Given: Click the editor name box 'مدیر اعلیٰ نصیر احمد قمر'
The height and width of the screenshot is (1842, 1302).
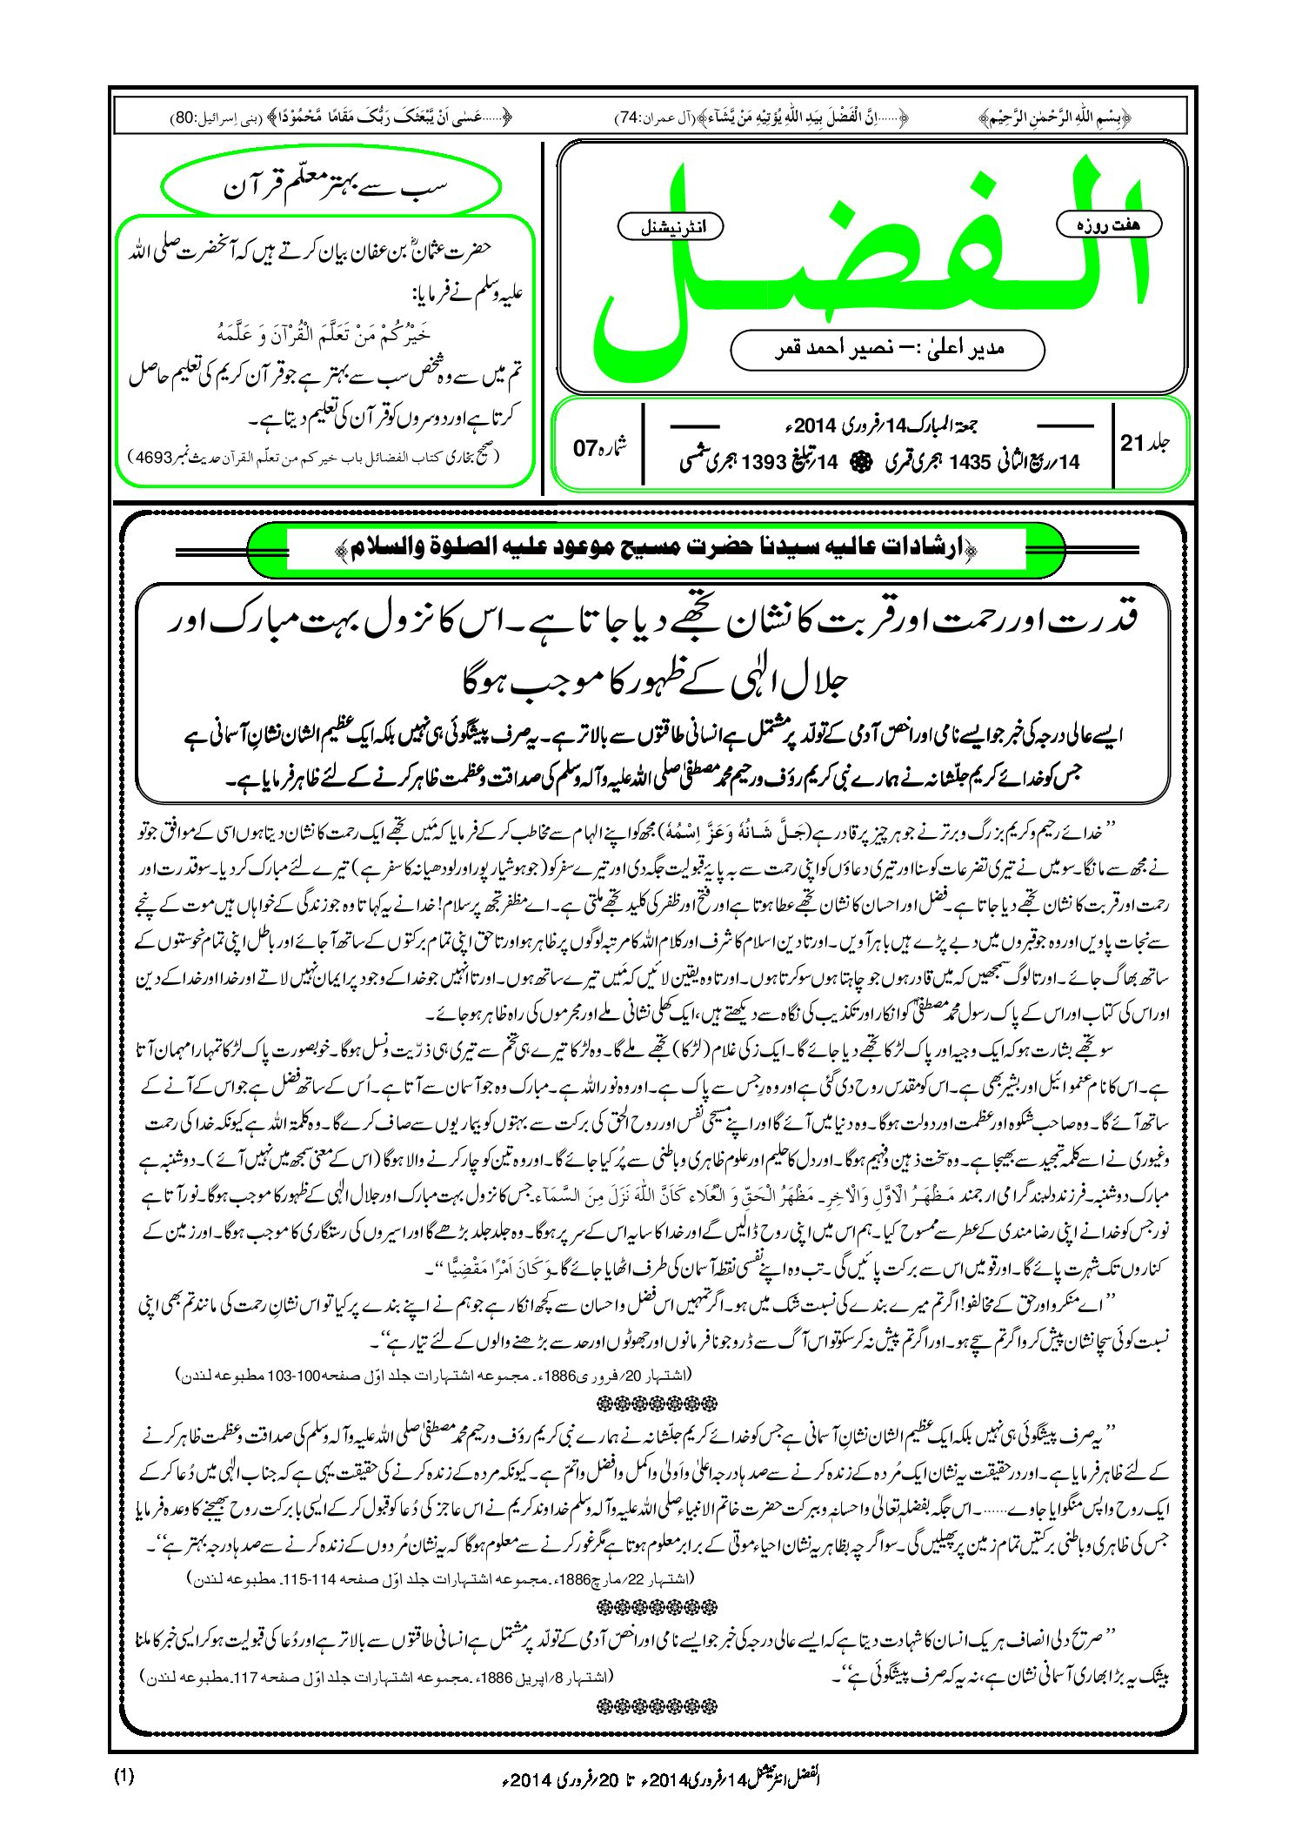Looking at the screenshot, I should click(x=887, y=349).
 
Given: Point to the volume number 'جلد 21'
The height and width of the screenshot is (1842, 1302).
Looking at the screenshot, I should click(x=1145, y=443).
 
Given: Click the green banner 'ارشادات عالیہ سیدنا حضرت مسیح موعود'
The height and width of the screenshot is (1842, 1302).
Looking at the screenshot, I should click(x=656, y=548).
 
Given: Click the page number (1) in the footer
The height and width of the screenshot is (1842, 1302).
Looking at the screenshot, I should click(x=124, y=1777).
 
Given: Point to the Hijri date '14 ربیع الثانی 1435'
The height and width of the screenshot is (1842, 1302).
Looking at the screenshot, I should click(x=983, y=462).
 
